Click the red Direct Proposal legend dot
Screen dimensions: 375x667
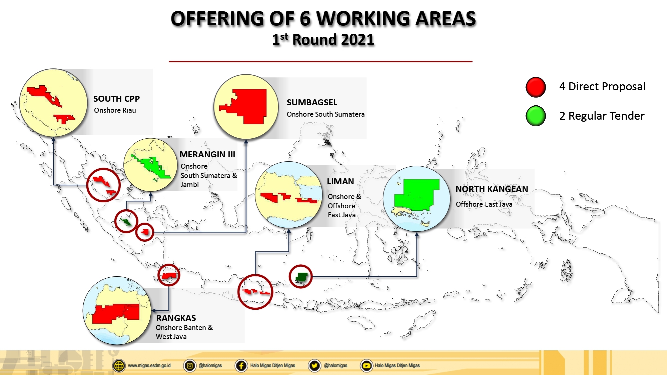click(x=536, y=87)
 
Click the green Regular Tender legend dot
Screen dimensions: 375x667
click(x=536, y=116)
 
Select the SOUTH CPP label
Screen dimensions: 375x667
click(x=116, y=99)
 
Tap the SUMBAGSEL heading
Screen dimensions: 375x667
click(x=312, y=103)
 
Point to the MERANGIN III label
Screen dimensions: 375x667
click(x=207, y=155)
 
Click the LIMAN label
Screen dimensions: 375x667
click(x=340, y=182)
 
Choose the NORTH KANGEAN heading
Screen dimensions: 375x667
click(x=492, y=189)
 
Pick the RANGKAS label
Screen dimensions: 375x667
click(x=176, y=318)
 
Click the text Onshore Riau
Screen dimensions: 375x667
click(x=115, y=110)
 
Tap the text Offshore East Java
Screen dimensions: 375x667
click(x=484, y=204)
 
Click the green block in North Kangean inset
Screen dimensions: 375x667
click(x=417, y=195)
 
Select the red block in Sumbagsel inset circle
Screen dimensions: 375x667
click(x=250, y=106)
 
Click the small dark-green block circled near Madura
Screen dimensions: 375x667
click(x=301, y=276)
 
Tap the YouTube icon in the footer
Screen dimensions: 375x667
click(x=366, y=366)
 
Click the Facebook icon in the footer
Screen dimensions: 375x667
click(x=241, y=366)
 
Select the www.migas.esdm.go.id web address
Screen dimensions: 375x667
click(x=149, y=366)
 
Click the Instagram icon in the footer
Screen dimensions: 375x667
click(x=189, y=366)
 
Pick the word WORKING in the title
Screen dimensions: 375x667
click(x=363, y=19)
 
